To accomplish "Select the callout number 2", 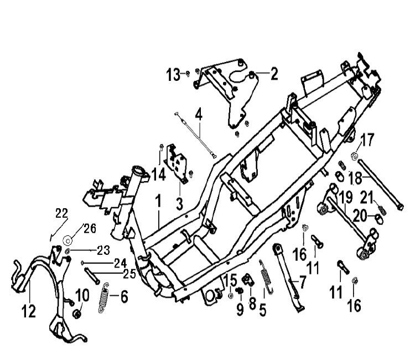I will [x=273, y=74].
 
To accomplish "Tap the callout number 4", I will [x=198, y=116].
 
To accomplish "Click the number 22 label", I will [x=61, y=213].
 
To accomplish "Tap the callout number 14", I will [x=158, y=175].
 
